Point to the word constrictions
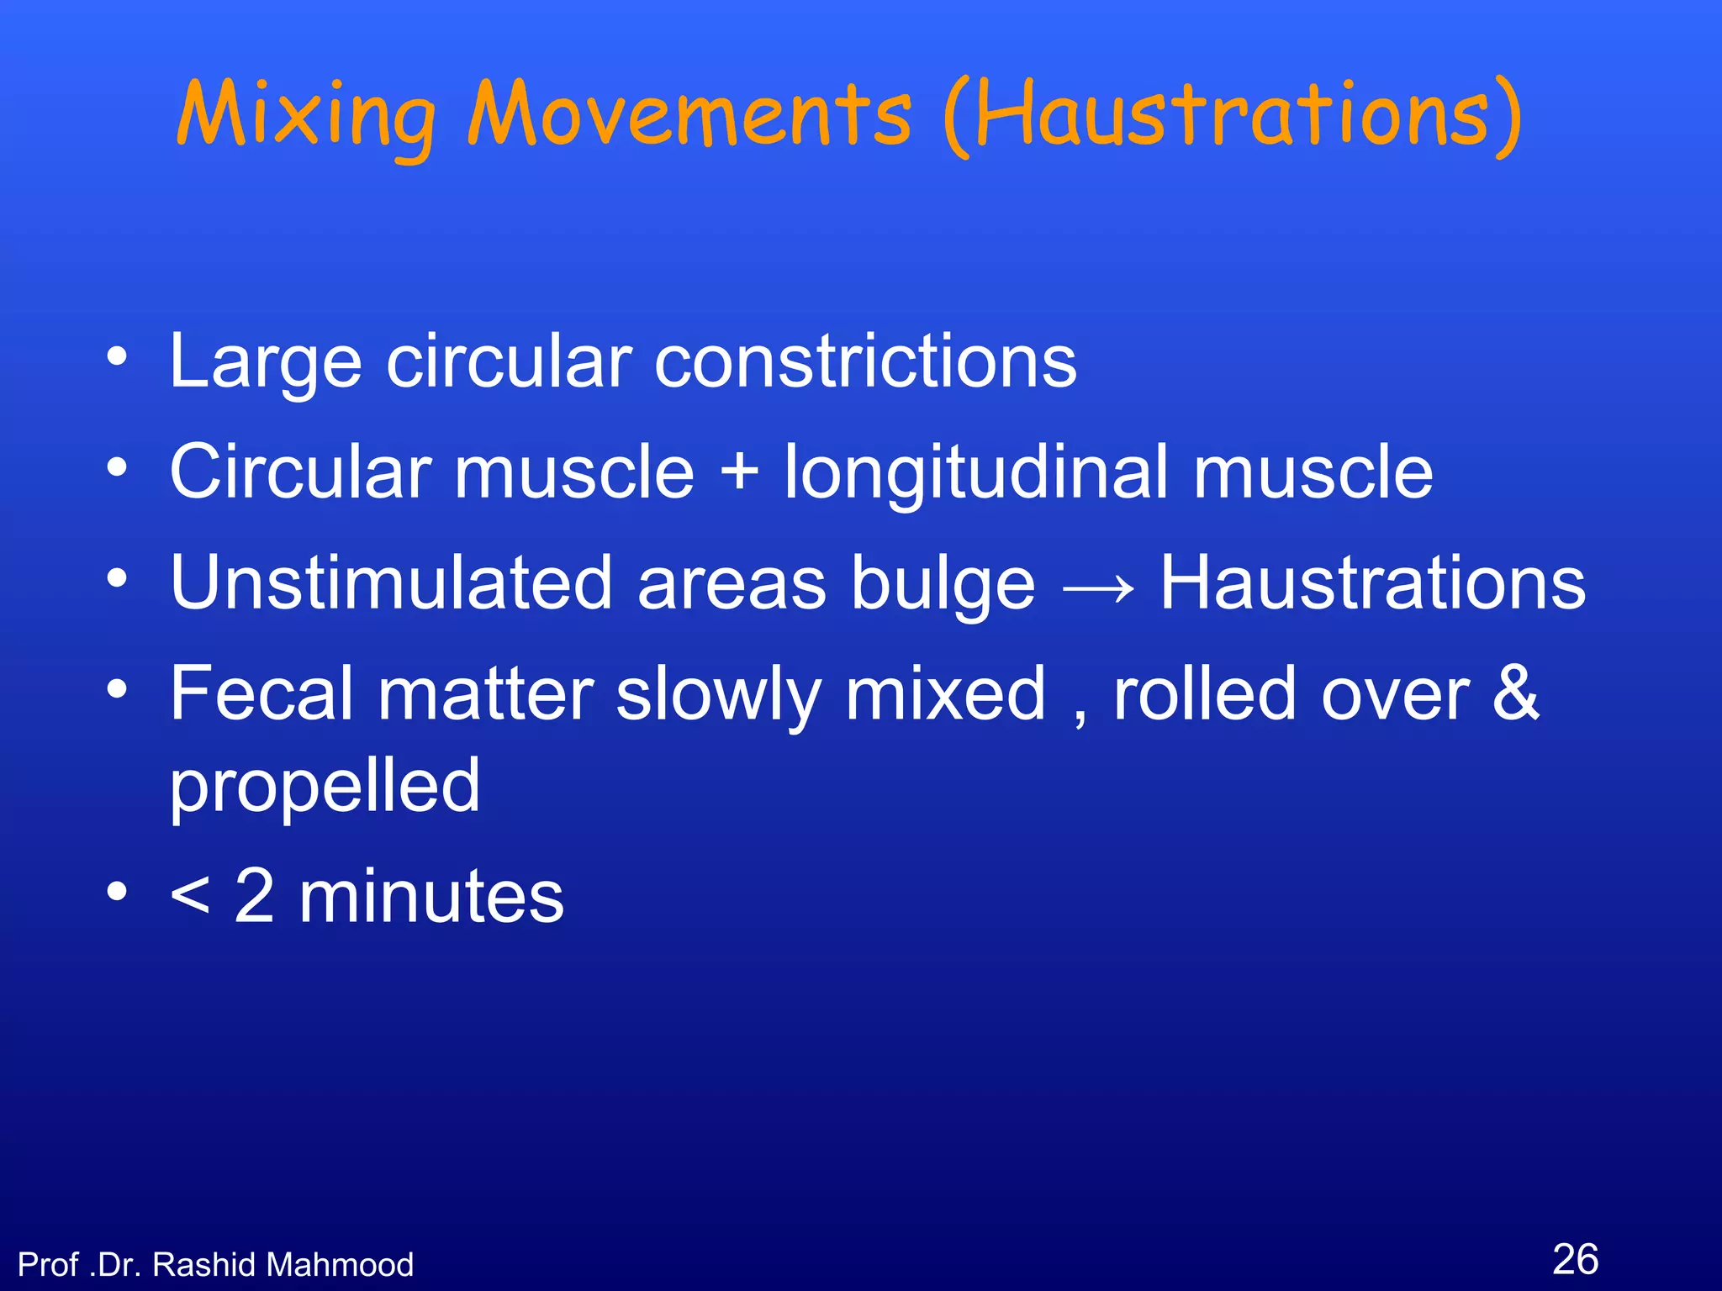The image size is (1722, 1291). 865,361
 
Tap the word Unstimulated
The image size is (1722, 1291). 391,582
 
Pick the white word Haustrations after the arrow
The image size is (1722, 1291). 1372,582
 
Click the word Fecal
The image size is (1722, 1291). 261,694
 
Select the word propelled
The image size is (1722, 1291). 325,787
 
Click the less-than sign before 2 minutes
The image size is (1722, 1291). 189,897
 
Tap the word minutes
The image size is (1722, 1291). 431,897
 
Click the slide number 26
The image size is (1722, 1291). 1575,1259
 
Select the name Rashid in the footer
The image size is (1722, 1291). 203,1264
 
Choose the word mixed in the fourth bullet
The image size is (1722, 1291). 945,694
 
